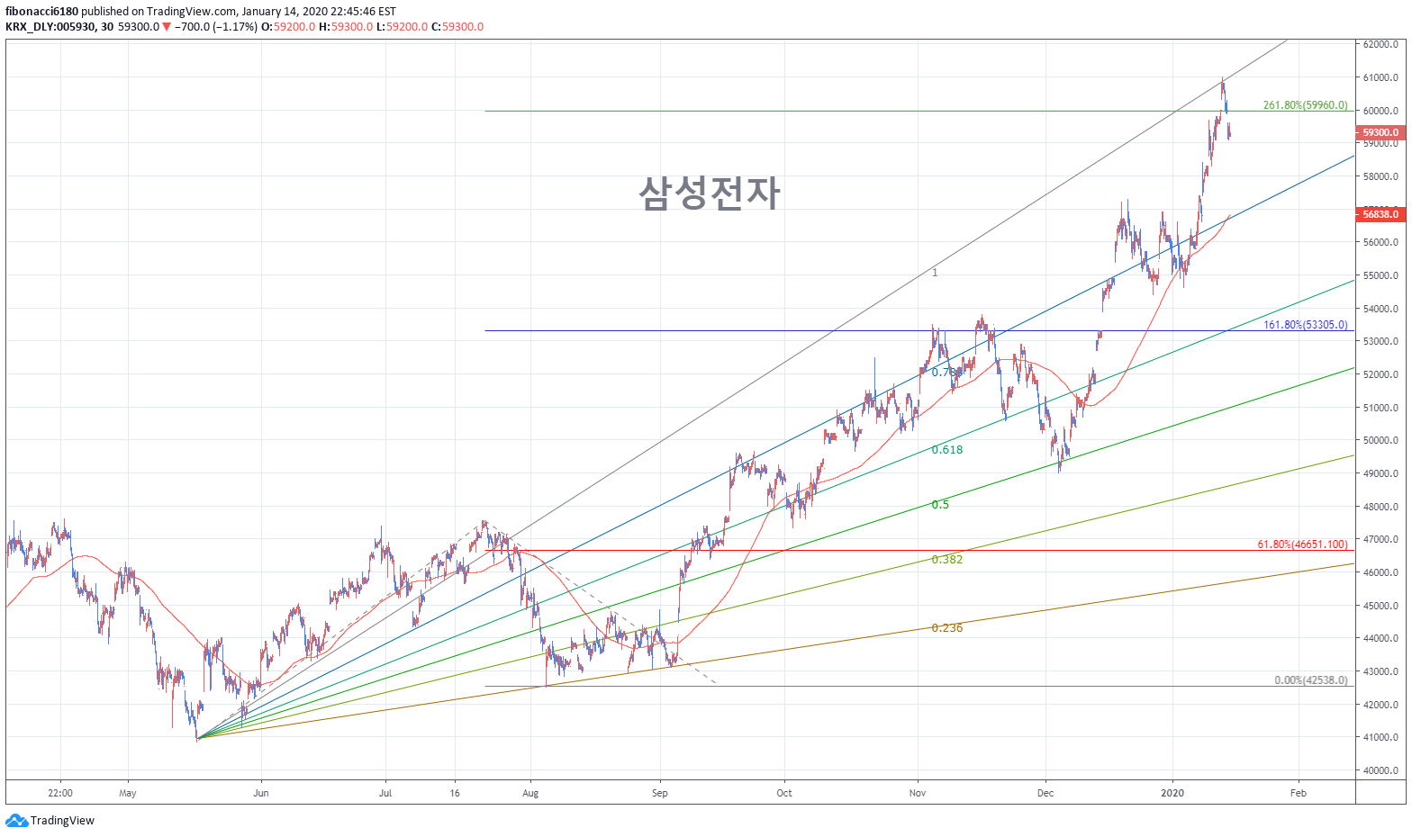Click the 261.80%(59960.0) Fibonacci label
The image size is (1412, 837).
(1305, 105)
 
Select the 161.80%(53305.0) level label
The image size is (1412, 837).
(1305, 325)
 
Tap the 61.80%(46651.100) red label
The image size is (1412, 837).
(1302, 544)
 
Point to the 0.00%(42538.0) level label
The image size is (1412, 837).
(1310, 680)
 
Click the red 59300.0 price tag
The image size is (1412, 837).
(1380, 132)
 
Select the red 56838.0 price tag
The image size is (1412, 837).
(1380, 214)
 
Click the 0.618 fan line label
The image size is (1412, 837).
(946, 450)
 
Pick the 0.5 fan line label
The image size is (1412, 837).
(939, 505)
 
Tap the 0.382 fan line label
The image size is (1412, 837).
(946, 560)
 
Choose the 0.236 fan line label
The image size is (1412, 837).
(946, 628)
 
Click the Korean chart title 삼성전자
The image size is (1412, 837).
(709, 193)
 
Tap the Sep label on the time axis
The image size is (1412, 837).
(660, 794)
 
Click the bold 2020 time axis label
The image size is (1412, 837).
(1172, 794)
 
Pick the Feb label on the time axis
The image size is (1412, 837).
(1298, 794)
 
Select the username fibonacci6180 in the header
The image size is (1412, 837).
(41, 12)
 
